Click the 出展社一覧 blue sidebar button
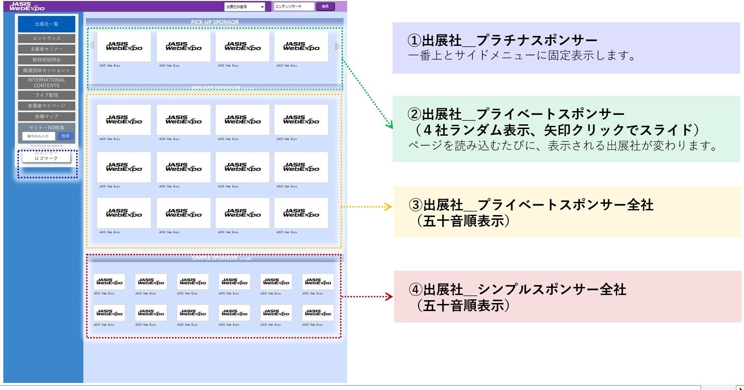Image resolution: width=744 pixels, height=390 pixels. point(46,24)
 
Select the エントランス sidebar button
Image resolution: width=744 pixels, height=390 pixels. point(46,38)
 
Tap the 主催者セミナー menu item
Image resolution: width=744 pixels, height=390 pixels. point(46,49)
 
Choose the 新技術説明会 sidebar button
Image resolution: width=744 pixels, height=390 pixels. point(46,60)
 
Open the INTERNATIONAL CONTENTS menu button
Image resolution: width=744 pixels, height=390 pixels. point(46,83)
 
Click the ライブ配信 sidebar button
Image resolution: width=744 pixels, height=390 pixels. point(46,95)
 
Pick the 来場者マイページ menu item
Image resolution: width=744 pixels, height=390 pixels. point(46,106)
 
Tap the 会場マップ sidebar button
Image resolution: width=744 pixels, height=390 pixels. point(46,116)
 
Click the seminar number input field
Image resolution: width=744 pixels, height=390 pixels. point(38,136)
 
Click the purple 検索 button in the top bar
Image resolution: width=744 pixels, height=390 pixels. point(325,7)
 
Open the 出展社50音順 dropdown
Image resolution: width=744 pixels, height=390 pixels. point(245,7)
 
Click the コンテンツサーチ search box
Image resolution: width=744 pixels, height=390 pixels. point(293,7)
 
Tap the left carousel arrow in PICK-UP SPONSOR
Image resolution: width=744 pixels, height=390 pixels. point(92,46)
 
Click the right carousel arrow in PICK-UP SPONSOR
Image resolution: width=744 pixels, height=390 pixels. point(337,46)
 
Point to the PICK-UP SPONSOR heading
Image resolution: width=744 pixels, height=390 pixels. point(215,22)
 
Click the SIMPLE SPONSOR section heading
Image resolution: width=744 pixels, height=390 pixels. point(215,258)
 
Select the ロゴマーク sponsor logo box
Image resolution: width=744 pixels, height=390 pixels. point(46,157)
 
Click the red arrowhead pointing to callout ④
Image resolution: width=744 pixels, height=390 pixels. point(390,297)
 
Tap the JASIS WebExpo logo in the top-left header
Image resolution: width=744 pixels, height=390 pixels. point(27,6)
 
